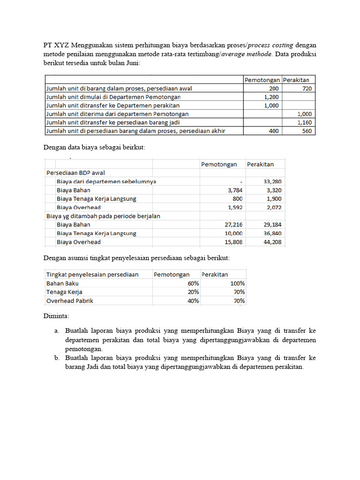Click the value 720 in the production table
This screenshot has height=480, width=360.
(x=307, y=88)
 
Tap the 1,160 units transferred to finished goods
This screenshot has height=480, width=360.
(x=305, y=122)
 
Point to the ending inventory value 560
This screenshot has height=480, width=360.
(x=307, y=131)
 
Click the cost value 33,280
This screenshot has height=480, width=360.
(x=273, y=181)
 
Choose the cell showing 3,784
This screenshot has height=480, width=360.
(x=235, y=190)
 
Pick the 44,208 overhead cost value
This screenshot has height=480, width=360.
(x=273, y=242)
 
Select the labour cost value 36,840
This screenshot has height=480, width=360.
(x=273, y=233)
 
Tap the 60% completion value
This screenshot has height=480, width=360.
(x=193, y=284)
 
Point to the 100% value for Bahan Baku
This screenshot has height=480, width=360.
(x=237, y=284)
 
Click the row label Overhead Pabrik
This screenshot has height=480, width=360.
(x=69, y=300)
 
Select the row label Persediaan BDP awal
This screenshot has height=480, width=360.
(x=75, y=172)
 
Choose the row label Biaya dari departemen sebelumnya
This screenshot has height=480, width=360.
(x=106, y=181)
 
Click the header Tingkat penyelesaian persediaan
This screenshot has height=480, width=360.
(x=92, y=274)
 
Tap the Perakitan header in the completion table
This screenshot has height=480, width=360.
(x=215, y=274)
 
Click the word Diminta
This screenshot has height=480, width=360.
(x=56, y=316)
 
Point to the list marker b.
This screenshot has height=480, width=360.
(x=56, y=358)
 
